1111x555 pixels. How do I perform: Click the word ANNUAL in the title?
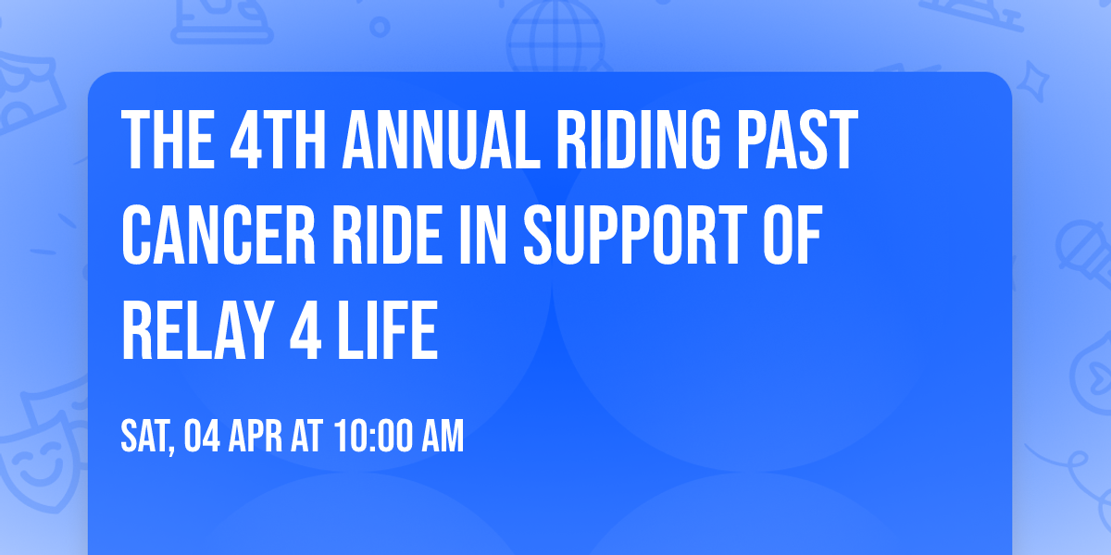[x=441, y=141]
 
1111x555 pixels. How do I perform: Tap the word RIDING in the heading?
[x=638, y=141]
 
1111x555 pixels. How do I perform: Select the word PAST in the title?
[x=797, y=141]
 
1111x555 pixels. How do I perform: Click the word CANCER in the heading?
[x=218, y=234]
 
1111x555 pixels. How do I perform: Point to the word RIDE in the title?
[x=387, y=234]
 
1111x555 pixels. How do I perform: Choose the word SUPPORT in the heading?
[x=635, y=234]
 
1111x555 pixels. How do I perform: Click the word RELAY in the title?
[x=197, y=329]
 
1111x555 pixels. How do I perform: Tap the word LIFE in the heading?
[x=387, y=329]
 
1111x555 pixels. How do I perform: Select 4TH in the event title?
[x=278, y=141]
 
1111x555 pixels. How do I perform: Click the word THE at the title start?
[x=168, y=141]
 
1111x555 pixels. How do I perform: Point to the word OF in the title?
[x=793, y=234]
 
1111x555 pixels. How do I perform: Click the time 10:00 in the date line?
[x=373, y=436]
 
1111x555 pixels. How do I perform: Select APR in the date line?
[x=255, y=436]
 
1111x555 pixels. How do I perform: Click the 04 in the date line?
[x=202, y=436]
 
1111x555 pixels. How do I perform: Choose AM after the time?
[x=443, y=436]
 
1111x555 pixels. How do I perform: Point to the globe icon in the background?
[x=555, y=37]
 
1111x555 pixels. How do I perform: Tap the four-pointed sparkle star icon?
[x=1032, y=81]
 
